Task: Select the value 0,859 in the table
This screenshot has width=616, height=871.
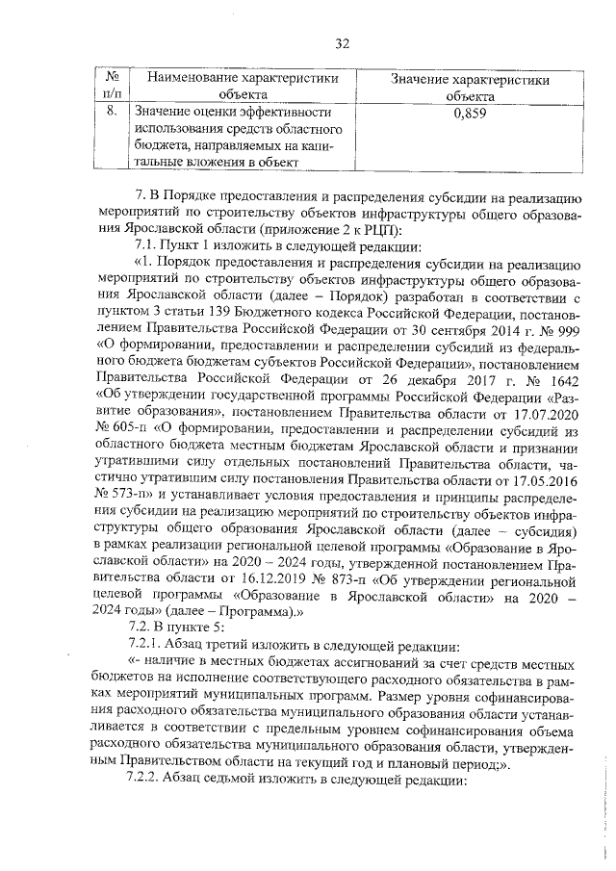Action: (x=469, y=113)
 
